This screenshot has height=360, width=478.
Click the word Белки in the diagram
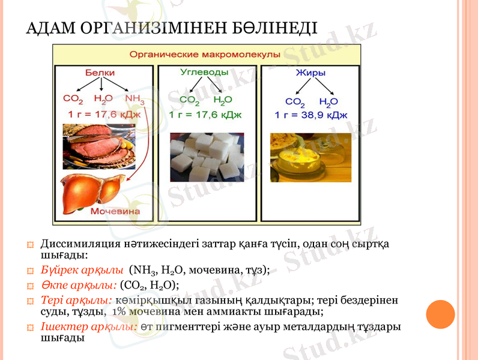(100, 73)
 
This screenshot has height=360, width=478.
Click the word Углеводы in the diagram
(204, 72)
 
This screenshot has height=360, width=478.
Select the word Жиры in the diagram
(310, 73)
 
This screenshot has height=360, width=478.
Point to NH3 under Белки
(135, 99)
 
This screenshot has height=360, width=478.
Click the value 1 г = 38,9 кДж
(311, 115)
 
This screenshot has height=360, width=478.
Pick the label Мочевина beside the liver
(115, 211)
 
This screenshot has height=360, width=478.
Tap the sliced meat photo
(99, 146)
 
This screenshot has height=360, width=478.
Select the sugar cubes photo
(207, 157)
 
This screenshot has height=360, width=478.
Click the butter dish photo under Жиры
(310, 157)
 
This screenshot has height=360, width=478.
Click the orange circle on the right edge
(440, 314)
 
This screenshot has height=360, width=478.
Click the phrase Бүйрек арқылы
(82, 270)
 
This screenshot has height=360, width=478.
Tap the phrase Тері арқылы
(76, 299)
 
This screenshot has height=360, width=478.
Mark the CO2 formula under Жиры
(295, 101)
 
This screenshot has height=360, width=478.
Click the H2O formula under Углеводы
(222, 100)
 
